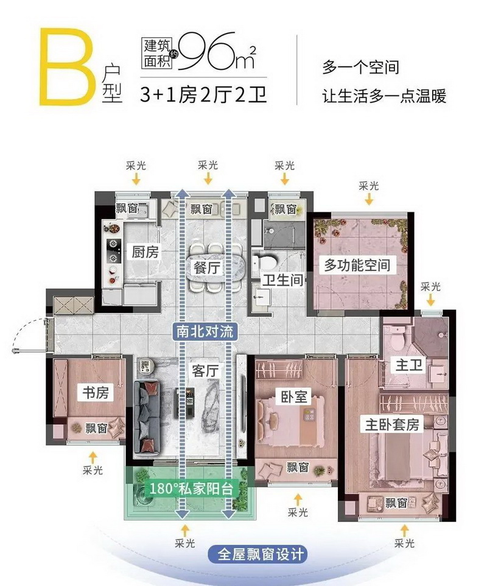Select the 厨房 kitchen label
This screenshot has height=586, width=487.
point(145,252)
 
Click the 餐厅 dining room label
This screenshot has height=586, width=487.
point(206,268)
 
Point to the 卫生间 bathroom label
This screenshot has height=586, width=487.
point(282,280)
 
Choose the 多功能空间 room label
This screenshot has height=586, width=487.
point(357,266)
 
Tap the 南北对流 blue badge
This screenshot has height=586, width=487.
point(205,331)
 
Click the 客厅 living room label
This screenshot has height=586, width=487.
point(205,371)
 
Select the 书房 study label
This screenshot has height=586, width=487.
point(96,393)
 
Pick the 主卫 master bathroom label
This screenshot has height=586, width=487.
point(409,365)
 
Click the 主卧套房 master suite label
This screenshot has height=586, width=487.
point(392,425)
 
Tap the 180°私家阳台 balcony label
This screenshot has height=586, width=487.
point(191,489)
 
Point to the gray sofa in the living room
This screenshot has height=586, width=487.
point(146,417)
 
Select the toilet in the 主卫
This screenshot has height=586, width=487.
point(397,340)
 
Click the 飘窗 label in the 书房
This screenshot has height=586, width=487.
point(96,428)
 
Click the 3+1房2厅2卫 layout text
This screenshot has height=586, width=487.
point(203,94)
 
